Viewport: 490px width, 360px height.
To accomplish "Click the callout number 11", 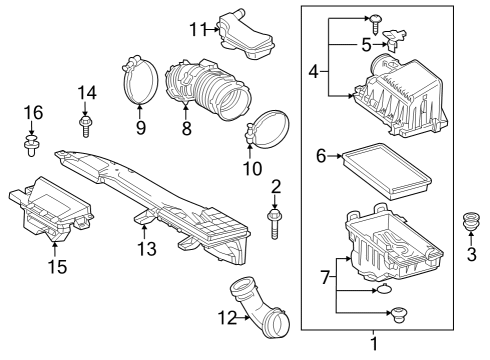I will [198, 29].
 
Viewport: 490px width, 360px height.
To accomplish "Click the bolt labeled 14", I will [85, 126].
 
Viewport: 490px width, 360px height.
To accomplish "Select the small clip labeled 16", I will [32, 149].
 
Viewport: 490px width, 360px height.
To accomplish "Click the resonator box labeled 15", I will [50, 210].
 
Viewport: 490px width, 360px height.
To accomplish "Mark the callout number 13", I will [147, 248].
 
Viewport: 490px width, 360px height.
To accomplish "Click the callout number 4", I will [312, 72].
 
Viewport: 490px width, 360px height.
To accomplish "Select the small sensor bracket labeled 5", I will [397, 41].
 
